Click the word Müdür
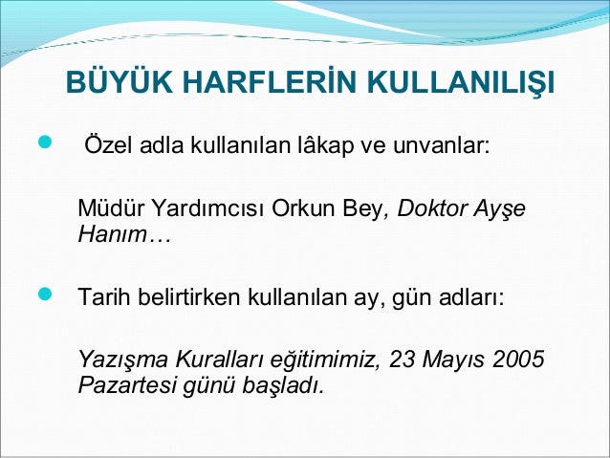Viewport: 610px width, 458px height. pyautogui.click(x=107, y=209)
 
